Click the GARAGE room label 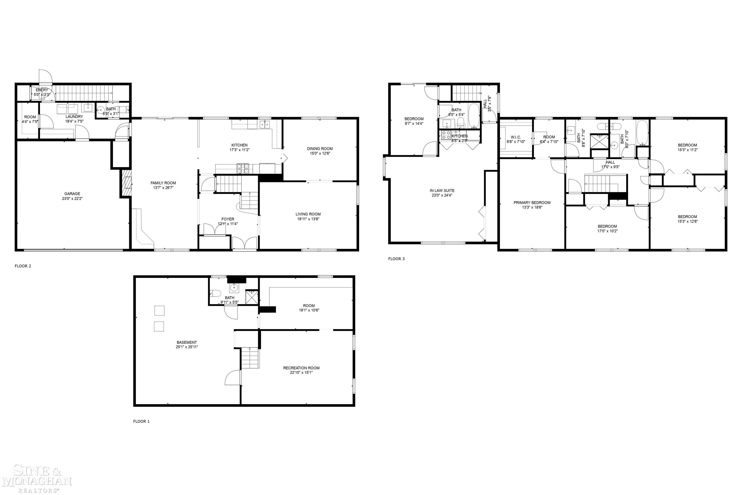coord(72,193)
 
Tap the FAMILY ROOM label coord(163,183)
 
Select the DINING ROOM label coord(320,148)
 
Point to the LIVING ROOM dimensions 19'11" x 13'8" coord(308,219)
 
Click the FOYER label coord(228,219)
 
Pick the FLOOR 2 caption coord(23,266)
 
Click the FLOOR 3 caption coord(396,259)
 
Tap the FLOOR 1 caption coord(141,421)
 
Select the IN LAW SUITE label coord(442,190)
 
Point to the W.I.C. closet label coord(516,137)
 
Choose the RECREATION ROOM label coord(301,368)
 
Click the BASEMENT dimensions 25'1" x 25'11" coord(187,347)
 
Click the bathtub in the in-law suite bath coord(474,116)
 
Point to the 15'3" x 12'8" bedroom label coord(687,217)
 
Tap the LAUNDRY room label coord(74,116)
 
